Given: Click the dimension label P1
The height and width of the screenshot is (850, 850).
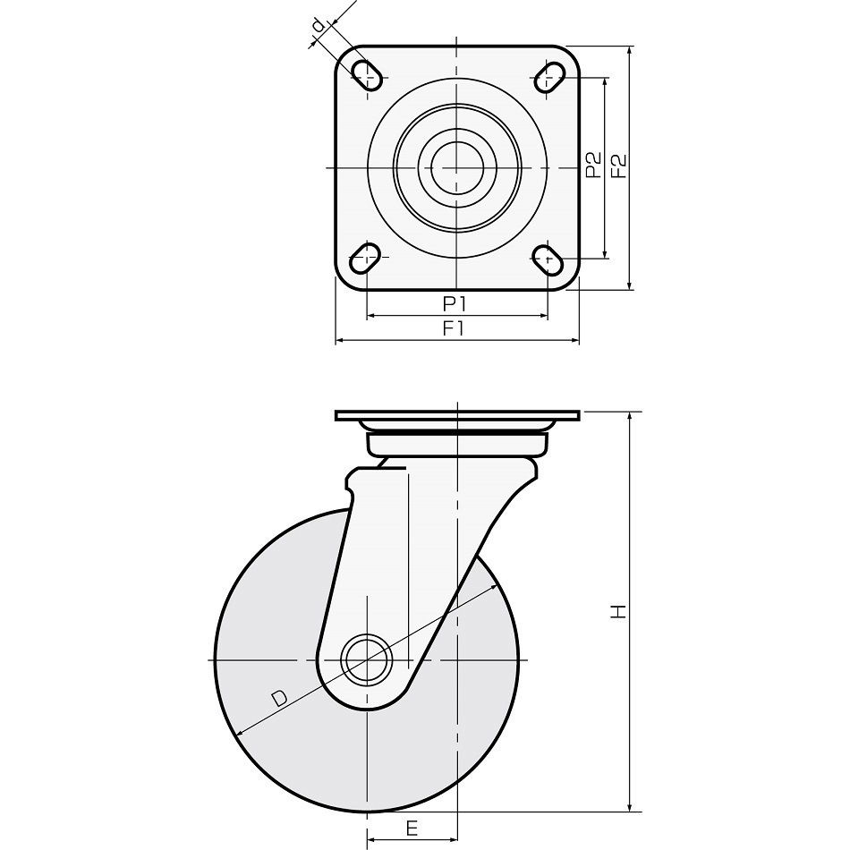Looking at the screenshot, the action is pyautogui.click(x=455, y=304).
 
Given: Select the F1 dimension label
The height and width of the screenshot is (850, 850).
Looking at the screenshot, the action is pyautogui.click(x=454, y=329).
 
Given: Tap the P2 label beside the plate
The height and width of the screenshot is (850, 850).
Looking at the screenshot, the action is pyautogui.click(x=594, y=165).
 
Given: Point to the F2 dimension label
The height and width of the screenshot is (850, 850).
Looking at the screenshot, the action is pyautogui.click(x=618, y=166).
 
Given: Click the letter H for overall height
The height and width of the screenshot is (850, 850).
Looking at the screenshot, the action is pyautogui.click(x=618, y=611).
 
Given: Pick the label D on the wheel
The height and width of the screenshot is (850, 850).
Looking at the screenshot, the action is pyautogui.click(x=278, y=698).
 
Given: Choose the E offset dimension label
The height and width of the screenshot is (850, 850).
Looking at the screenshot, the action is pyautogui.click(x=412, y=828).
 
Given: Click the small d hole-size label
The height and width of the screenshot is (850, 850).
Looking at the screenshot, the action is pyautogui.click(x=319, y=25).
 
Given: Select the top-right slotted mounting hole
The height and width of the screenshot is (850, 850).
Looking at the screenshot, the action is pyautogui.click(x=549, y=78).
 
